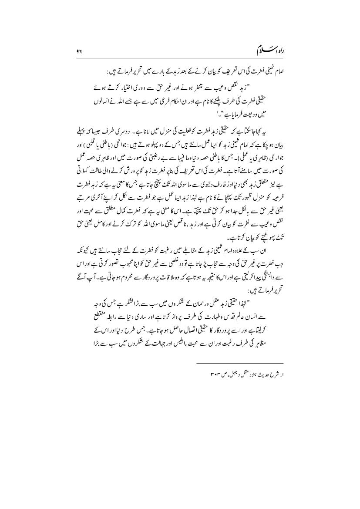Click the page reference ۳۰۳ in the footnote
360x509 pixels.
tap(214, 398)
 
